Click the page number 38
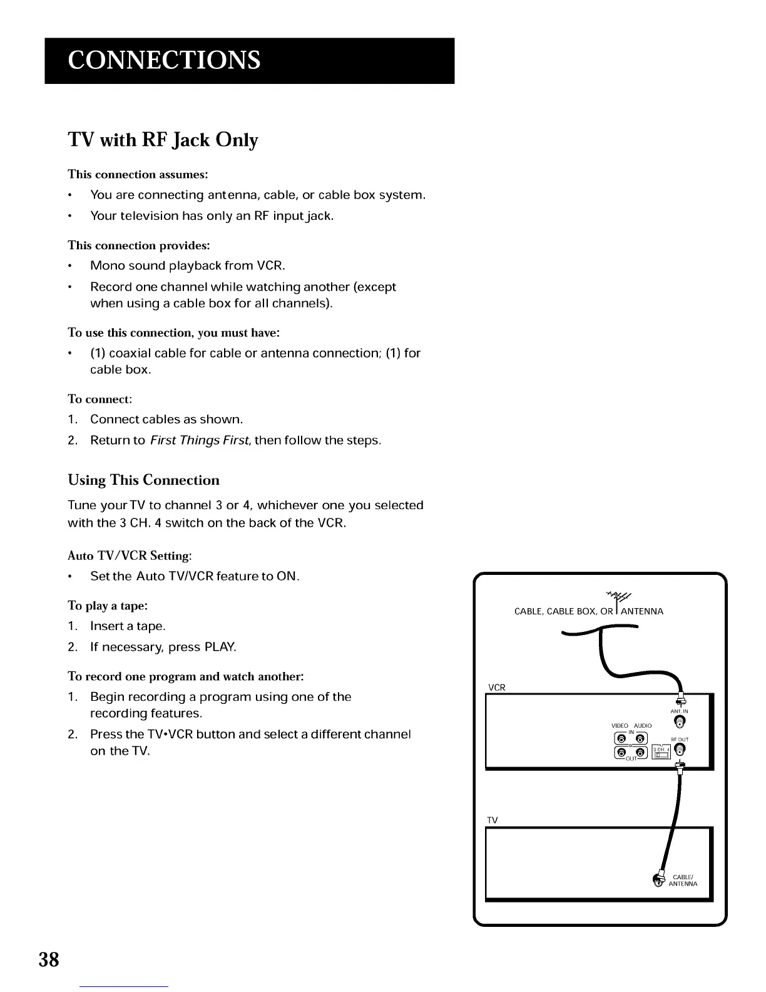49,959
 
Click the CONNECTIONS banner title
164,60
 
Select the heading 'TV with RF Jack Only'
163,140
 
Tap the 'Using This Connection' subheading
143,480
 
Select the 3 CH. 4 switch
661,752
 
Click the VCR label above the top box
496,687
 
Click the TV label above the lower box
493,820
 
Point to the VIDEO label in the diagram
620,726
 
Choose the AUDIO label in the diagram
643,726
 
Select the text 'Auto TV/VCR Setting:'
130,555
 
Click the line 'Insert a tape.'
128,626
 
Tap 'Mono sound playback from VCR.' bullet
188,266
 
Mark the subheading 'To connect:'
100,399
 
